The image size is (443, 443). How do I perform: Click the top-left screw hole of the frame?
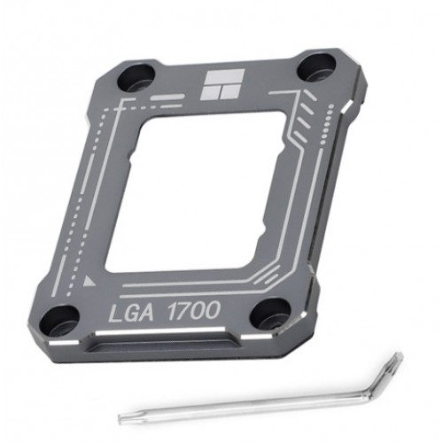[136, 78]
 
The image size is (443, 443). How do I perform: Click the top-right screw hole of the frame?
[316, 68]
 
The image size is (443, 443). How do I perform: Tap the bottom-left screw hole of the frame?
[59, 322]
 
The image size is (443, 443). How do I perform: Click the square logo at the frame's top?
[222, 84]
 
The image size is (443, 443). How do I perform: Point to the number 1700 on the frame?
[194, 310]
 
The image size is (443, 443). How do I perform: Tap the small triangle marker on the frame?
[89, 281]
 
